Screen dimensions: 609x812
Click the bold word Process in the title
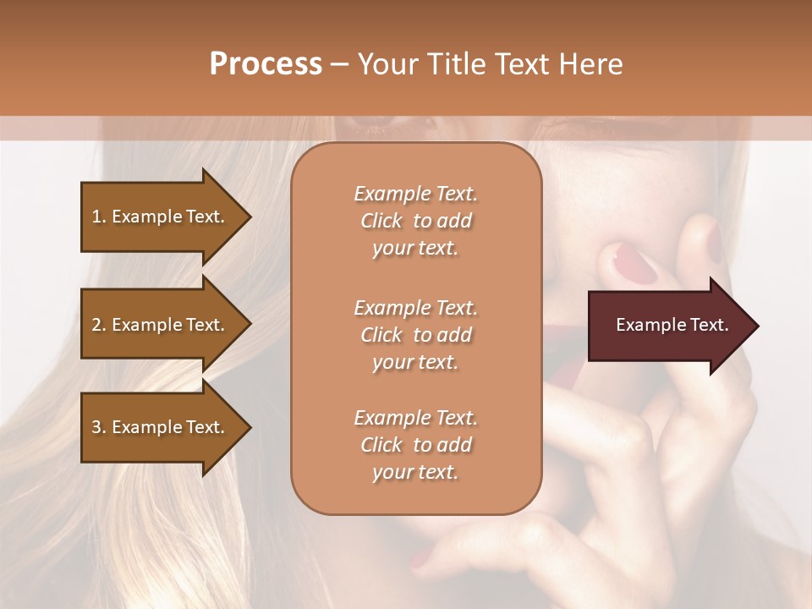266,64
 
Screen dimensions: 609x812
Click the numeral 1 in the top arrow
96,217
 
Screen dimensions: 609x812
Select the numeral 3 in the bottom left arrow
96,427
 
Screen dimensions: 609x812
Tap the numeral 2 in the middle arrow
96,325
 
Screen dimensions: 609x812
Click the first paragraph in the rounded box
415,221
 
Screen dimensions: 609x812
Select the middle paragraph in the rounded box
415,335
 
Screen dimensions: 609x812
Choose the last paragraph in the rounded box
415,445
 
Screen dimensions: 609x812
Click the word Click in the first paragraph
381,221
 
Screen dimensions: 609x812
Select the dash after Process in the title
340,64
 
